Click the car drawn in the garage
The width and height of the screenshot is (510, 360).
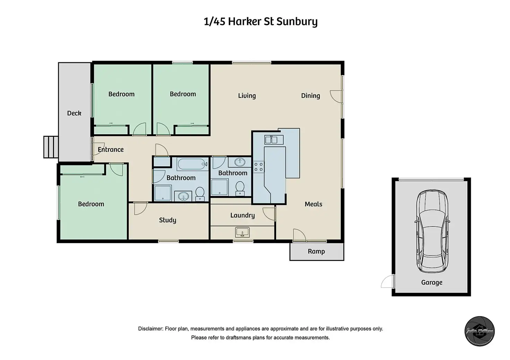point(432,231)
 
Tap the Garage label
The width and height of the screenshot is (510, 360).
point(432,282)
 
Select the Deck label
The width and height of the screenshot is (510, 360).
point(74,113)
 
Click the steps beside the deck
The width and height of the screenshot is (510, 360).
point(51,147)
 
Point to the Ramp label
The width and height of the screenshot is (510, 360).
point(316,251)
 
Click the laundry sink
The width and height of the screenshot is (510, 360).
point(242,232)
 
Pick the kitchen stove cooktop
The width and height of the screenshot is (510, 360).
point(258,166)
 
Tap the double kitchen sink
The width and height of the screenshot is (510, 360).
point(274,140)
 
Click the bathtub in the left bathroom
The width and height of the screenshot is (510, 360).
point(193,164)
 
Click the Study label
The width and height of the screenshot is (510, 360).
point(167,220)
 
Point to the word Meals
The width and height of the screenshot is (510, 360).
point(314,204)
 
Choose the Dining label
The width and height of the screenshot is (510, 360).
point(310,96)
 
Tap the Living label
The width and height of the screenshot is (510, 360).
point(247,96)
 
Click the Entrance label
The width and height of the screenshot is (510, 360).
point(111,150)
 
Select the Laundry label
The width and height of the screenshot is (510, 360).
point(243,215)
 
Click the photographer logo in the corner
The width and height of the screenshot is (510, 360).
point(479,331)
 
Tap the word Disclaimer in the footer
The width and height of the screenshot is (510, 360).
point(150,329)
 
